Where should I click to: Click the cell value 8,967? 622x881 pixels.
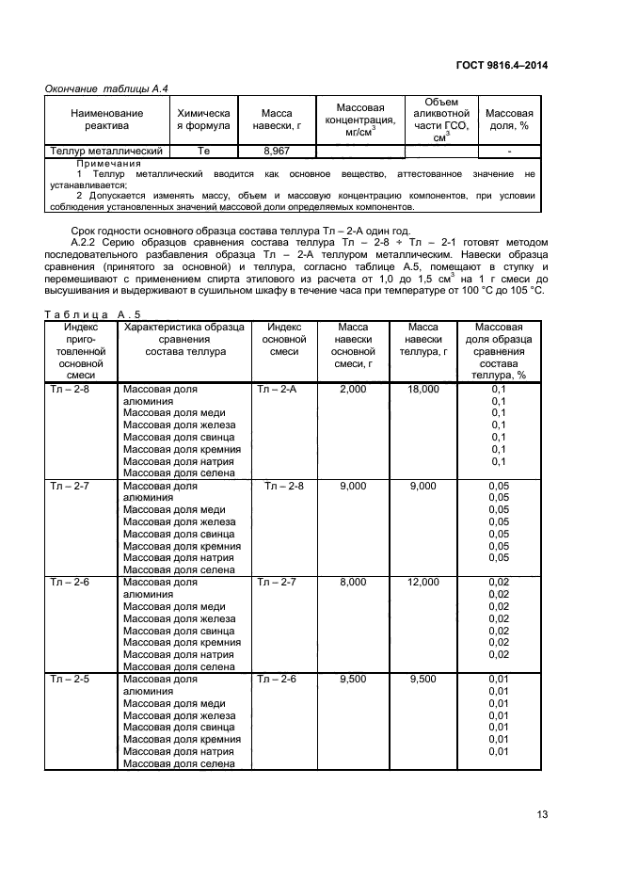click(x=276, y=151)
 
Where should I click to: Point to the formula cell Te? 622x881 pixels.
click(x=204, y=151)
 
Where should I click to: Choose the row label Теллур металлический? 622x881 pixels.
click(x=106, y=151)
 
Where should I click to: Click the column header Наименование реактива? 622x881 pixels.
click(x=106, y=120)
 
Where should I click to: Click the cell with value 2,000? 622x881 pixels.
click(x=353, y=389)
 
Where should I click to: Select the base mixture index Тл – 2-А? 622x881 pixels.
click(x=277, y=389)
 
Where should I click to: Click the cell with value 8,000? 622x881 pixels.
click(x=353, y=583)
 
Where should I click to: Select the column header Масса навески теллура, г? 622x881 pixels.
click(x=423, y=339)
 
